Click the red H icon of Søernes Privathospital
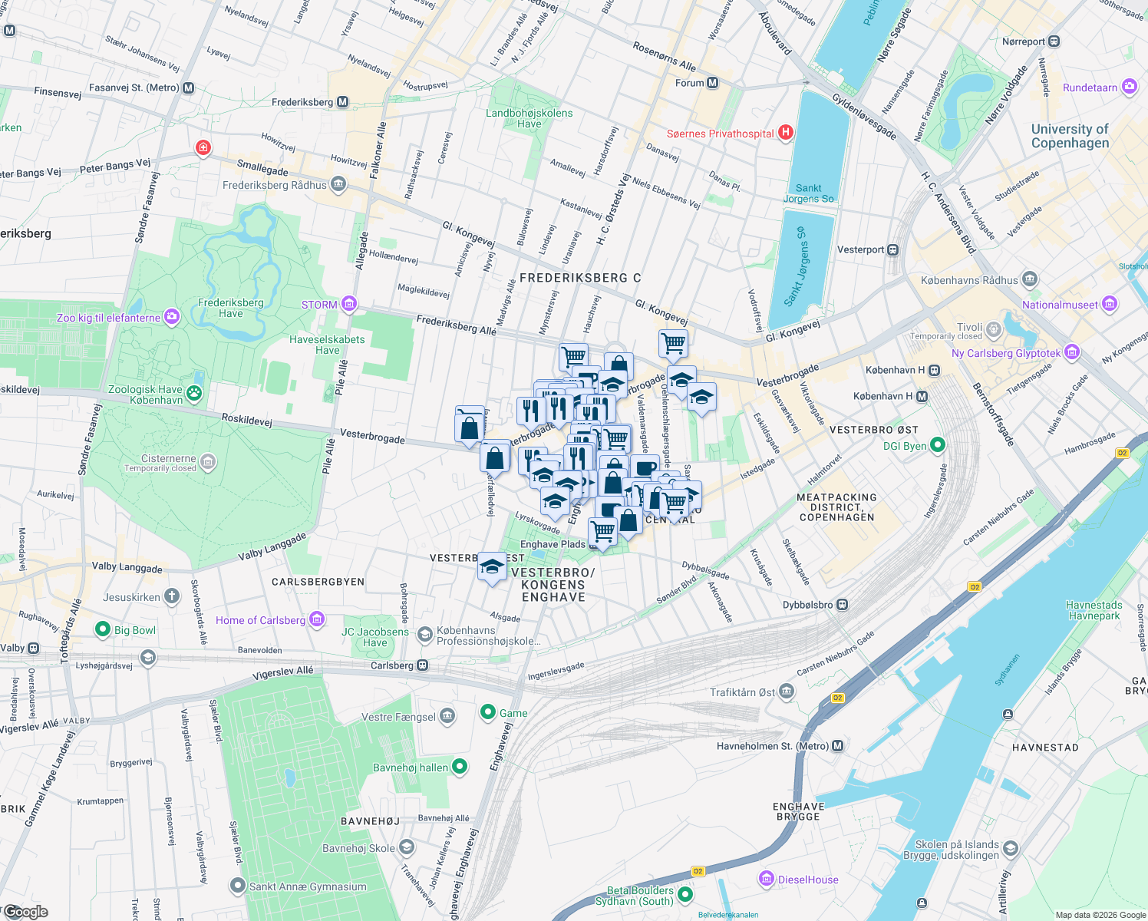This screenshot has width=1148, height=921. [785, 133]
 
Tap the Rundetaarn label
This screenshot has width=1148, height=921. [1090, 87]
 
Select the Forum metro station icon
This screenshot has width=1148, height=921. [713, 83]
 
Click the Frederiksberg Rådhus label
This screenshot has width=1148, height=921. [274, 185]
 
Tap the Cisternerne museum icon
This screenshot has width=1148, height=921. [208, 462]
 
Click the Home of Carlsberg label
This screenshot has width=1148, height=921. [260, 620]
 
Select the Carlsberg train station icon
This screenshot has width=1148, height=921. [423, 665]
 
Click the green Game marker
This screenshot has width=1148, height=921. [487, 712]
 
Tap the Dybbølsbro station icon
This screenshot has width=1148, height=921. [843, 605]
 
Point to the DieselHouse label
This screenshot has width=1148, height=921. [808, 880]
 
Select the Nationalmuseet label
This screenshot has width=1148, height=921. [1060, 305]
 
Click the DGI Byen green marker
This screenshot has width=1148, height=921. [937, 445]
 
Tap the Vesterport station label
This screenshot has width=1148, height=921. [860, 249]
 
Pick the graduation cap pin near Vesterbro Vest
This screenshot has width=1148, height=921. [492, 569]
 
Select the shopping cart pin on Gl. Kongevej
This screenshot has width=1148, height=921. [673, 345]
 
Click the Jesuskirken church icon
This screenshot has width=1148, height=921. [172, 596]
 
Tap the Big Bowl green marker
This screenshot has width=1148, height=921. [102, 630]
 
